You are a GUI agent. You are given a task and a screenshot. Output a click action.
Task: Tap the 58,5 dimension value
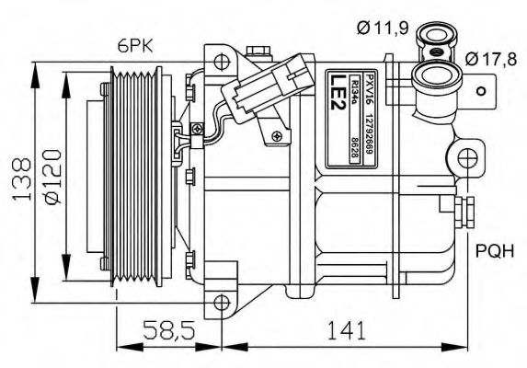click(x=167, y=328)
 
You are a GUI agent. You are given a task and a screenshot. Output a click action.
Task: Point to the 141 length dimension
click(x=351, y=328)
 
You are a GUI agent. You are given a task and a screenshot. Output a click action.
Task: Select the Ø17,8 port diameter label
click(x=490, y=60)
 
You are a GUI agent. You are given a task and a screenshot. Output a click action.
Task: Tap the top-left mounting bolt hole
click(x=220, y=62)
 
